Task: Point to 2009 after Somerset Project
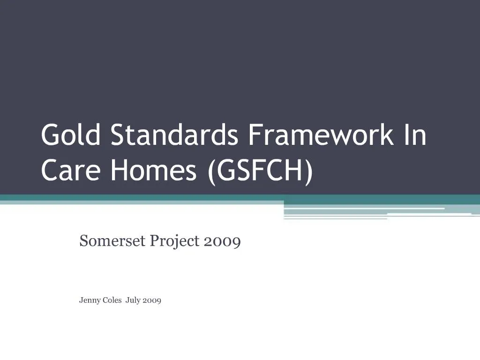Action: point(222,241)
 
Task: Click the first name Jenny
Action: point(90,301)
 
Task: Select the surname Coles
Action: point(112,300)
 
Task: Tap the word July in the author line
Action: point(133,301)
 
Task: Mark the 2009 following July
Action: point(152,300)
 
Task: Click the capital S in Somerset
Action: point(84,241)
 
